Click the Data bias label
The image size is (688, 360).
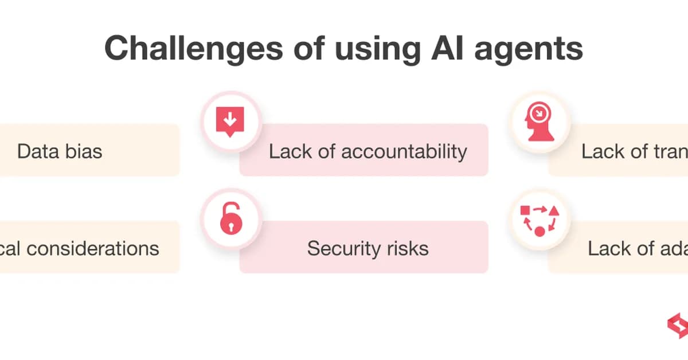tap(60, 151)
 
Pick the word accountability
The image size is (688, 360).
tap(404, 151)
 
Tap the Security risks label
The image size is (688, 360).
tap(368, 248)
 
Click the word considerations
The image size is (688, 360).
tap(93, 248)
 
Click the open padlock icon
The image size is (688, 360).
tap(230, 219)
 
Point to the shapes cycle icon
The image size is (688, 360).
tap(539, 220)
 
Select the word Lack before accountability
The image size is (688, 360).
tap(290, 151)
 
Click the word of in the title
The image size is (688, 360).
tap(310, 48)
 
